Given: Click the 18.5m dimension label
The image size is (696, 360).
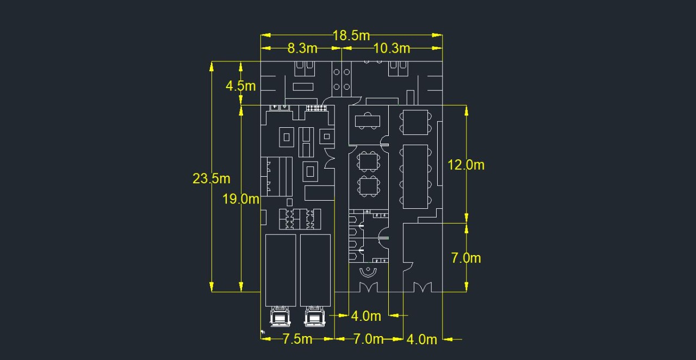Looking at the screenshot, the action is pyautogui.click(x=351, y=35).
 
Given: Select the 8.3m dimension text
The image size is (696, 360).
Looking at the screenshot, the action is pyautogui.click(x=302, y=48).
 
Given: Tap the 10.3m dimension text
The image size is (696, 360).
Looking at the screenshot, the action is pyautogui.click(x=391, y=48).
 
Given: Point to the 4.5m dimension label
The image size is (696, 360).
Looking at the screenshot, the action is pyautogui.click(x=241, y=86).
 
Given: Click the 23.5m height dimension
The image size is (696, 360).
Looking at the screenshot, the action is pyautogui.click(x=212, y=179).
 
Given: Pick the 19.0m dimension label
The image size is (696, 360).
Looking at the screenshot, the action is pyautogui.click(x=241, y=199).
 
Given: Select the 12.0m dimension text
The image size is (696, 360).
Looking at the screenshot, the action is pyautogui.click(x=466, y=165).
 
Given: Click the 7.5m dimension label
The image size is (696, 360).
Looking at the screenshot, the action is pyautogui.click(x=297, y=339).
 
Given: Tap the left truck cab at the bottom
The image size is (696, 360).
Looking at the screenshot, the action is pyautogui.click(x=280, y=316).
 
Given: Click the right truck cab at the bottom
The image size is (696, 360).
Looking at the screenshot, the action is pyautogui.click(x=315, y=316).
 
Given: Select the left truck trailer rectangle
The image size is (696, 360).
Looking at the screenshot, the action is pyautogui.click(x=281, y=270).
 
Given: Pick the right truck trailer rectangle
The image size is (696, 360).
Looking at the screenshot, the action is pyautogui.click(x=315, y=270).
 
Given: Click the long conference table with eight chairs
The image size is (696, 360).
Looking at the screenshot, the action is pyautogui.click(x=415, y=177).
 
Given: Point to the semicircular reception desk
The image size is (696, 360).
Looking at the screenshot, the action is pyautogui.click(x=368, y=272).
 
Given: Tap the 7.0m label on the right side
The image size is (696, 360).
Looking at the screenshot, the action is pyautogui.click(x=466, y=258).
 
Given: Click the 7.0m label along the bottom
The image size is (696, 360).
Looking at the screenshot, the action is pyautogui.click(x=369, y=339).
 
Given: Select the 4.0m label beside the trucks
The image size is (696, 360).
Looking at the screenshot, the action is pyautogui.click(x=366, y=316).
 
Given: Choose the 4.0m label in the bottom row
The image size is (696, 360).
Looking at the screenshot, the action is pyautogui.click(x=421, y=340).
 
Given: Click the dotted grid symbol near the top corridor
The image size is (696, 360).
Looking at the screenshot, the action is pyautogui.click(x=316, y=108).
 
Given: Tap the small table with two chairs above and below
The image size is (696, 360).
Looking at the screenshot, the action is pyautogui.click(x=368, y=121).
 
